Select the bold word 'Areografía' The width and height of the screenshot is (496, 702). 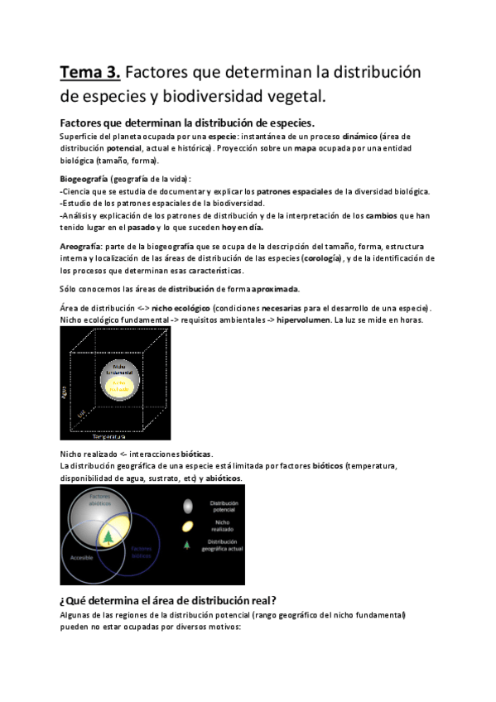tap(80, 246)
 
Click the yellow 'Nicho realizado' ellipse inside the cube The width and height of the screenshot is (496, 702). tap(119, 385)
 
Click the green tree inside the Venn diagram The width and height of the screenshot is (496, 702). tap(108, 538)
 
